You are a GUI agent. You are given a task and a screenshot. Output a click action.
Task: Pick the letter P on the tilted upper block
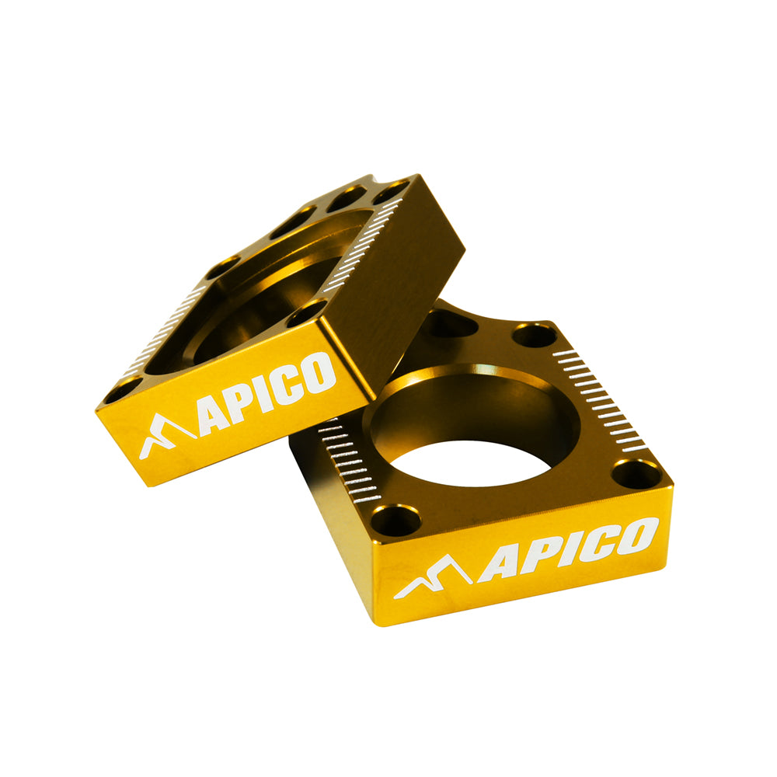240,409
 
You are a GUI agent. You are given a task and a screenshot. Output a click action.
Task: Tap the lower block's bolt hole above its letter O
637,473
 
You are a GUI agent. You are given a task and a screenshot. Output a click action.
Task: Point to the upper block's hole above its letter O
305,315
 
